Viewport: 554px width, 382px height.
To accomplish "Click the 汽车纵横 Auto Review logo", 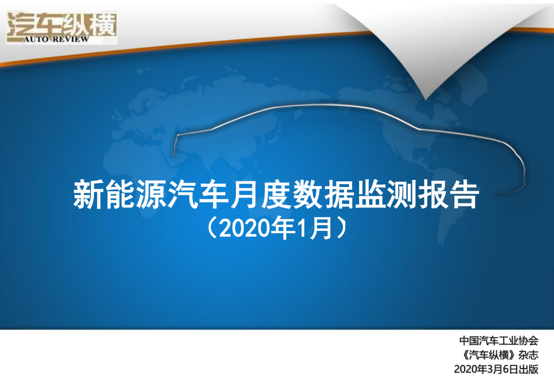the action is click(62, 27).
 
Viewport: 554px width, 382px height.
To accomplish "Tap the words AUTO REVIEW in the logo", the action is click(56, 39).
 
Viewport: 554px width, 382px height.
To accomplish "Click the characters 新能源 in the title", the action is click(120, 194).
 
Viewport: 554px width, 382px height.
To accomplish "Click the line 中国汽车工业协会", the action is click(499, 341).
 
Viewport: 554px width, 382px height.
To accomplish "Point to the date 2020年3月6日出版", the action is click(496, 370).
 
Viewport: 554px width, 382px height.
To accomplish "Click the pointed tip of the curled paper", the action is click(426, 100).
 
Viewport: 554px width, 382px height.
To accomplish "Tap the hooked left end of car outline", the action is click(173, 156).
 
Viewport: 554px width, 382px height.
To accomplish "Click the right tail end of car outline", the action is click(497, 196).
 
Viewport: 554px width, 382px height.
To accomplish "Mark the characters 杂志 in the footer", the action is click(528, 355).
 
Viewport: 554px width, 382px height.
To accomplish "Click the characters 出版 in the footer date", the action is click(528, 370).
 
